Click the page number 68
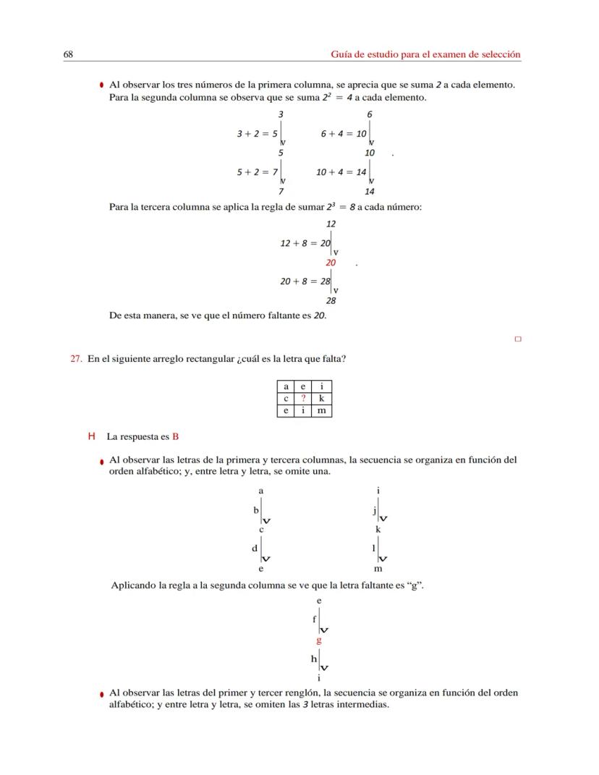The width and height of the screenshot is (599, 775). pyautogui.click(x=69, y=54)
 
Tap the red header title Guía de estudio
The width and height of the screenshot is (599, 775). pyautogui.click(x=425, y=54)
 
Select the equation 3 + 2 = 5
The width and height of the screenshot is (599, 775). pyautogui.click(x=258, y=134)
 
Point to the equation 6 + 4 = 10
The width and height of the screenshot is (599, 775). pyautogui.click(x=343, y=134)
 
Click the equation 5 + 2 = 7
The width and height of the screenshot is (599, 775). pyautogui.click(x=258, y=172)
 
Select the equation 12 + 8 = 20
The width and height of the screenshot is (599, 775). pyautogui.click(x=305, y=243)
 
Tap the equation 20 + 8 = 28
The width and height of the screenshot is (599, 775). pyautogui.click(x=305, y=281)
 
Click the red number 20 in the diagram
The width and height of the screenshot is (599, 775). pyautogui.click(x=331, y=263)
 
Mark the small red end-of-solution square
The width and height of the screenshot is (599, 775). pyautogui.click(x=517, y=338)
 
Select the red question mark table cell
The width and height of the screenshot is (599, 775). pyautogui.click(x=304, y=399)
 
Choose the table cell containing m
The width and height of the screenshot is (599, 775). pyautogui.click(x=322, y=410)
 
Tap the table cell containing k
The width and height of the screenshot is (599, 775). pyautogui.click(x=322, y=399)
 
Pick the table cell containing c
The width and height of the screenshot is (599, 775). pyautogui.click(x=286, y=399)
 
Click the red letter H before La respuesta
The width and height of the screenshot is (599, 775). pyautogui.click(x=91, y=437)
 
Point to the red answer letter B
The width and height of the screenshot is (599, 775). pyautogui.click(x=175, y=437)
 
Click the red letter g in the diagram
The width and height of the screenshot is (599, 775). pyautogui.click(x=318, y=640)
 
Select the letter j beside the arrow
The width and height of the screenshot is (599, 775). pyautogui.click(x=374, y=510)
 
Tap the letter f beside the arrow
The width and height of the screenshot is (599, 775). pyautogui.click(x=314, y=619)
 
